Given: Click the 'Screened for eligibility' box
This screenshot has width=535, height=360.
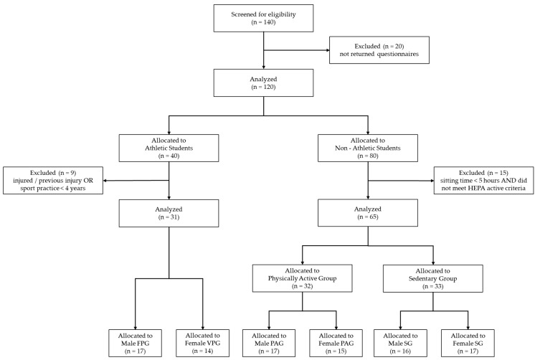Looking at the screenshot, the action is click(263, 19).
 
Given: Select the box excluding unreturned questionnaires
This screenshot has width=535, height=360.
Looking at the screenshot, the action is click(379, 50).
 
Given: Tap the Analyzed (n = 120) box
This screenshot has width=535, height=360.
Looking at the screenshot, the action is click(263, 83).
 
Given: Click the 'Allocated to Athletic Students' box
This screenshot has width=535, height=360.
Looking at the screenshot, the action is click(169, 148).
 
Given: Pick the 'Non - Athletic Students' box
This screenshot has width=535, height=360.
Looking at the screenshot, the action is click(368, 148).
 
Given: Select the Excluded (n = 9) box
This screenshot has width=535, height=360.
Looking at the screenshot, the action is click(53, 181).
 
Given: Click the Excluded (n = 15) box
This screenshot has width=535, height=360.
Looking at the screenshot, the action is click(484, 181).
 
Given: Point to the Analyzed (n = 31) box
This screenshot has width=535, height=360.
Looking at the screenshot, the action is click(169, 213).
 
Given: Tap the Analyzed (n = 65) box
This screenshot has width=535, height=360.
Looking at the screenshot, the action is click(368, 213).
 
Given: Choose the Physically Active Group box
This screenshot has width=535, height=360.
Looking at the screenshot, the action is click(303, 278).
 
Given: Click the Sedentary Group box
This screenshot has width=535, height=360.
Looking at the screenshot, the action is click(433, 278).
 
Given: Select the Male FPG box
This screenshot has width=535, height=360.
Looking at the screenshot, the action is click(136, 344).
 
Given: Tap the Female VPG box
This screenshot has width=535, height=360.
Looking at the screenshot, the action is click(203, 344).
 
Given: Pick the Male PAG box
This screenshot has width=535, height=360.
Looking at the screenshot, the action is click(269, 344).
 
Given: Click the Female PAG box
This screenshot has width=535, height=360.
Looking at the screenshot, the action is click(336, 344).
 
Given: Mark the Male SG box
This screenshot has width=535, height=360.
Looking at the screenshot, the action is click(400, 344).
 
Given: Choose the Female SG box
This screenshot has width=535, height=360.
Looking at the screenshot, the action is click(468, 344).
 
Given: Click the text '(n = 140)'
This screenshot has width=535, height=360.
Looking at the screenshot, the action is click(263, 22).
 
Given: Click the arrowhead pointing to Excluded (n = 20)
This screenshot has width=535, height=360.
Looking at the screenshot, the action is click(328, 50).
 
